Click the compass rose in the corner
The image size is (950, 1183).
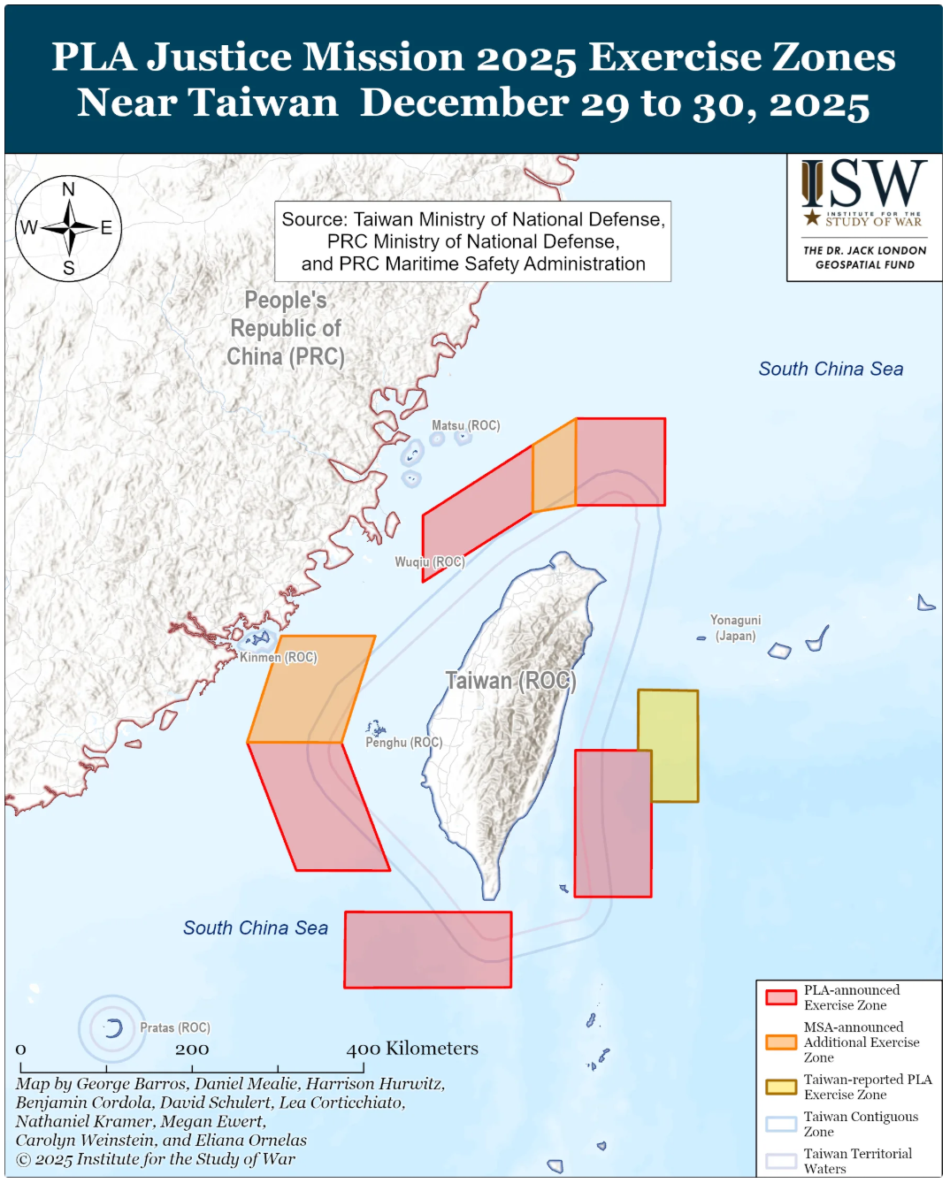(69, 229)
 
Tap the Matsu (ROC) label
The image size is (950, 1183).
(465, 425)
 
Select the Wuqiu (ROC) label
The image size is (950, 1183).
(429, 561)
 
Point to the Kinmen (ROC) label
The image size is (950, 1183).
(279, 657)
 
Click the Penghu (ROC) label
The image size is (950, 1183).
(404, 742)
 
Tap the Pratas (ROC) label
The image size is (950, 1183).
(175, 1027)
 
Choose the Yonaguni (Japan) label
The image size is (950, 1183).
(735, 628)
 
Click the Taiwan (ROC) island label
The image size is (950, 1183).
(510, 681)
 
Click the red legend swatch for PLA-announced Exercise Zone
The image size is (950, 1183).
(781, 997)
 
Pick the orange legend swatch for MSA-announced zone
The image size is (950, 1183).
(781, 1042)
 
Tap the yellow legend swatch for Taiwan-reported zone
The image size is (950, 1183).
(781, 1087)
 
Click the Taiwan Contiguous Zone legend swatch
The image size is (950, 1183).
(781, 1124)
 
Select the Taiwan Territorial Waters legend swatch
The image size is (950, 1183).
(781, 1161)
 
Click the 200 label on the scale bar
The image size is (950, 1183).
(192, 1049)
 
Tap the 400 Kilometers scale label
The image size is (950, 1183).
(412, 1049)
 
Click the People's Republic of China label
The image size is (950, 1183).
(285, 328)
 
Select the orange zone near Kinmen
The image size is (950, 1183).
(310, 689)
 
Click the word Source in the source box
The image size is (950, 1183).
(314, 219)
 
